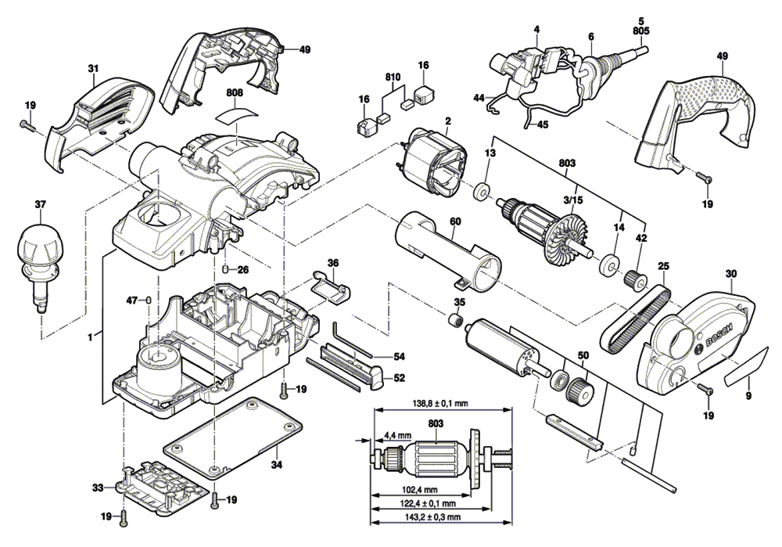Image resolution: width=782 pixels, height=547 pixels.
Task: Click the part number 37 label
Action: pyautogui.click(x=41, y=205)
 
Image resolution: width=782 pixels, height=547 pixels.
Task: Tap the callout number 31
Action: pyautogui.click(x=93, y=69)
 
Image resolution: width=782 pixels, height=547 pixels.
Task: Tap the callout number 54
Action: pyautogui.click(x=400, y=356)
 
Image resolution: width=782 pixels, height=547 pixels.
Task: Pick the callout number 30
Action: pyautogui.click(x=731, y=274)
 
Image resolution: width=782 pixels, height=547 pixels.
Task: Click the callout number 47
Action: pyautogui.click(x=132, y=300)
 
